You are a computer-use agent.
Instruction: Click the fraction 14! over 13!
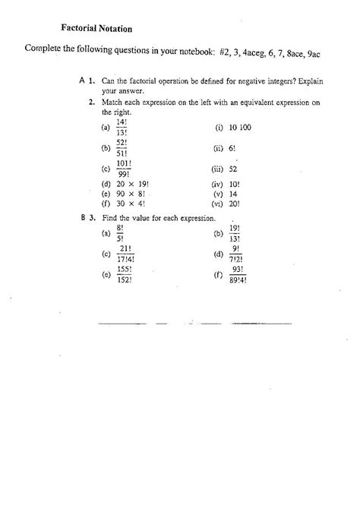122,128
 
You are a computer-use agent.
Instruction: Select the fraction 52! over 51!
122,148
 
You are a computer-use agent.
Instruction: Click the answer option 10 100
240,128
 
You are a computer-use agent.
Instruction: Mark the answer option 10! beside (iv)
235,184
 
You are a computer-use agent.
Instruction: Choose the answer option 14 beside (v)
233,194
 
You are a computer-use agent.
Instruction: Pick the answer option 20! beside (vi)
235,204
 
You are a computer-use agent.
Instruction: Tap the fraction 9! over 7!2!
236,253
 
